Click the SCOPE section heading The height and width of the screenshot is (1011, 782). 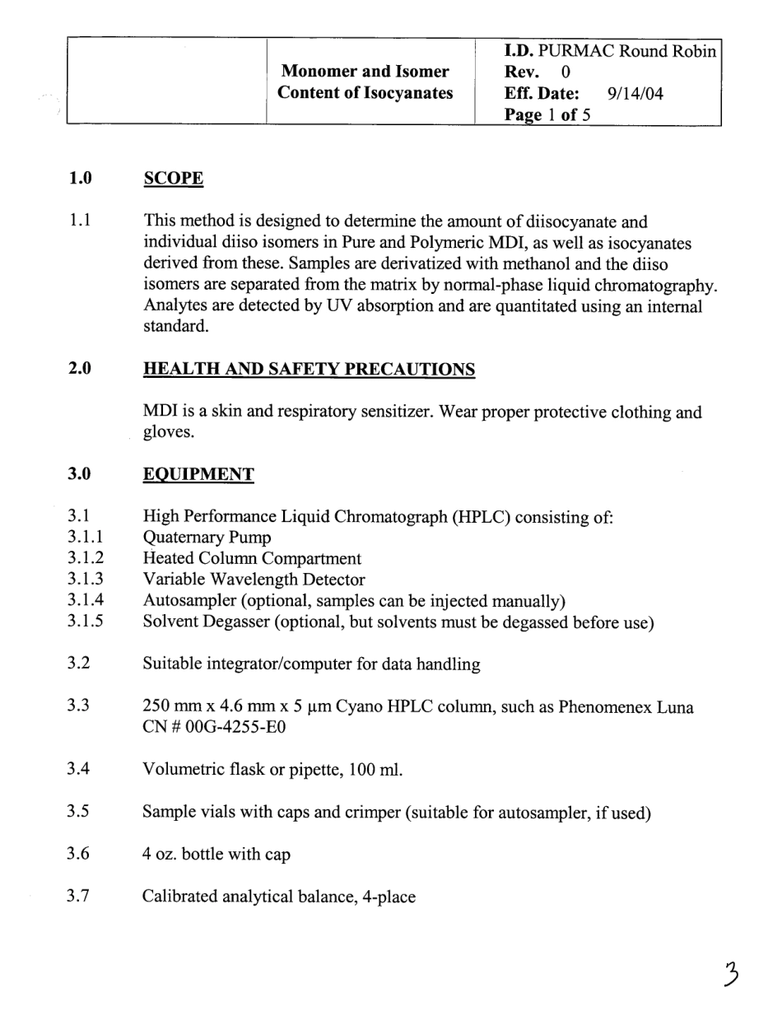coord(173,179)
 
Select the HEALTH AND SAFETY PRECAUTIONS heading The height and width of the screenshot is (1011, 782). coord(309,370)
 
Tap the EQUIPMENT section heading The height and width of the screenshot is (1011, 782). coord(198,474)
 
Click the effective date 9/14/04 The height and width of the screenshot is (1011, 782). coord(635,94)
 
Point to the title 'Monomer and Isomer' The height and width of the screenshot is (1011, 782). coord(365,72)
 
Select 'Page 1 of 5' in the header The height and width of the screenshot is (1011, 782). coord(547,115)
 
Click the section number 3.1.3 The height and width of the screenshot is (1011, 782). coord(86,580)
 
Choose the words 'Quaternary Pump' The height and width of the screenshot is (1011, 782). coord(207,538)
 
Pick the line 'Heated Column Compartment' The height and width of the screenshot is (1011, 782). coord(252,560)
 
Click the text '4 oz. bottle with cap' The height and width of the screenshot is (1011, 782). coord(216,855)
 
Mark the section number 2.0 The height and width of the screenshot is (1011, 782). coord(79,370)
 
